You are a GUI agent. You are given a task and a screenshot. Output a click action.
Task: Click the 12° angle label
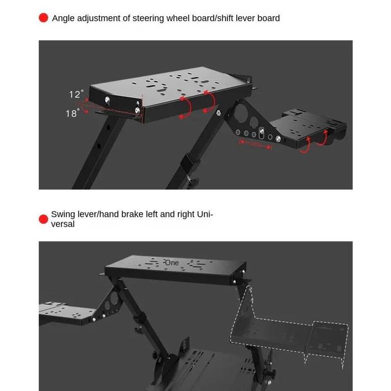coord(76,94)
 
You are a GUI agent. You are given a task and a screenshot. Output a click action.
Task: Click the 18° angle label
coord(73,113)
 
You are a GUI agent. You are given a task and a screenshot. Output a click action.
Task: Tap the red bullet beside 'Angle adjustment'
coord(44,18)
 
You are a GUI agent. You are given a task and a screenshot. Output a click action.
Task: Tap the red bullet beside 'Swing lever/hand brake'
coord(44,219)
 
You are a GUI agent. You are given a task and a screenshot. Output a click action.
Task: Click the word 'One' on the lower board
coord(172,263)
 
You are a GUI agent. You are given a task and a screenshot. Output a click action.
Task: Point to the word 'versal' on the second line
coord(63,224)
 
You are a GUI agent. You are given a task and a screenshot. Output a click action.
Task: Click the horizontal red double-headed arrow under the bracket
coord(255,145)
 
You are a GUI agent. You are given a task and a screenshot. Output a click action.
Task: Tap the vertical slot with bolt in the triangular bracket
coord(261,133)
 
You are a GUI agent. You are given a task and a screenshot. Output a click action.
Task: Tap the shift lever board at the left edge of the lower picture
coord(65,313)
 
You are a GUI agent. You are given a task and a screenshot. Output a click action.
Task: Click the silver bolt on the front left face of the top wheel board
coord(107,100)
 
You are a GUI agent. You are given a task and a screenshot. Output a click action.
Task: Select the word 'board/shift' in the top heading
coord(209,18)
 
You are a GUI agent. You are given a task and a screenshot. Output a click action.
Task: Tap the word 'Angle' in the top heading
coord(63,18)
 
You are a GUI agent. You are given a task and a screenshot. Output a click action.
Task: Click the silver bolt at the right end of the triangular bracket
coord(278,139)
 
